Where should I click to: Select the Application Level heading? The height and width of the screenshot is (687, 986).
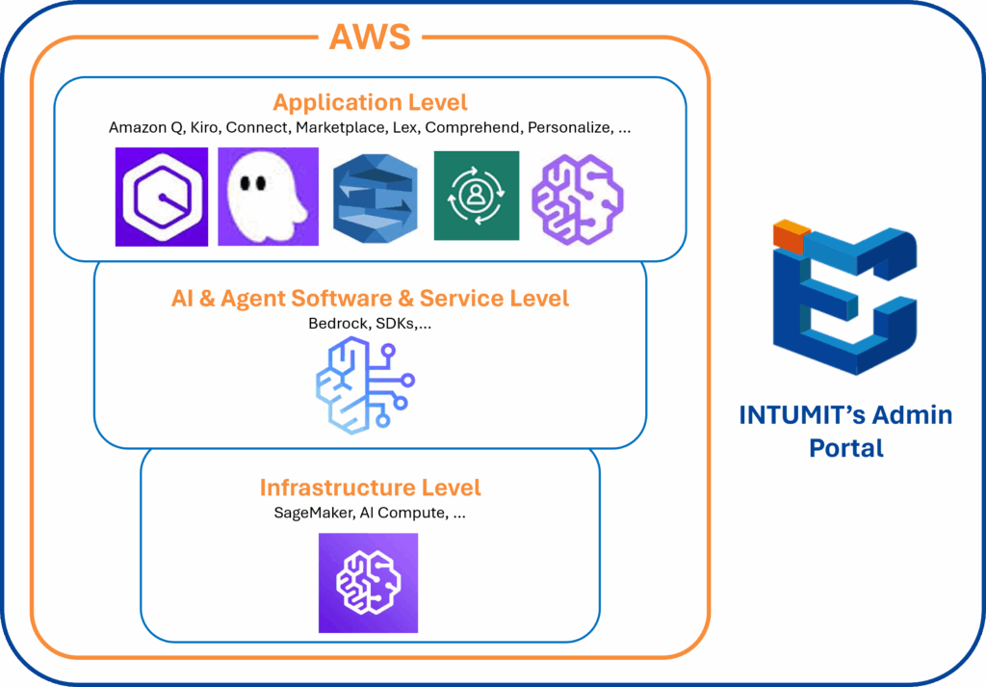(370, 102)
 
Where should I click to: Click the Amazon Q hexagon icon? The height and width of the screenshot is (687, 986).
(162, 196)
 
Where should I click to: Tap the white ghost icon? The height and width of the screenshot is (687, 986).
(269, 196)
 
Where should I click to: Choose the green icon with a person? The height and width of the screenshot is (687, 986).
(476, 196)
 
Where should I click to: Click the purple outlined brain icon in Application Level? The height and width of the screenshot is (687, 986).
(579, 196)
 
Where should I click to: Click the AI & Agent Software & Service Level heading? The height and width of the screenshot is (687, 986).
(370, 299)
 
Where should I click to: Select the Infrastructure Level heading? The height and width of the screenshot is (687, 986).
(370, 488)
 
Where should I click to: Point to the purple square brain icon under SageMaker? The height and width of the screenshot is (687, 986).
(368, 583)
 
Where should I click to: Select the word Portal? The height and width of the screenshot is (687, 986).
(846, 448)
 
